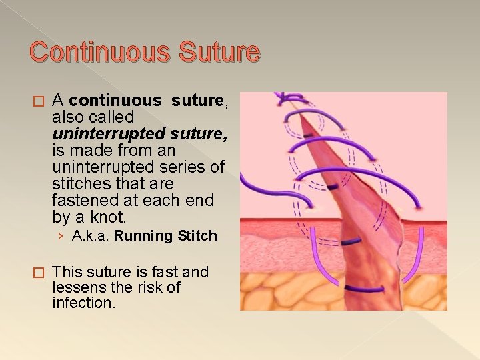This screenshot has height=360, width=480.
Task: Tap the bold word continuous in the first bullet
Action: coord(115,101)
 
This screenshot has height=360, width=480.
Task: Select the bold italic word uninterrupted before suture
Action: coord(99,134)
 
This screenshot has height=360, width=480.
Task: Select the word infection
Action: coord(83,303)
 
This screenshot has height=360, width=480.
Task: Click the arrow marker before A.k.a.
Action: coord(61,236)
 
